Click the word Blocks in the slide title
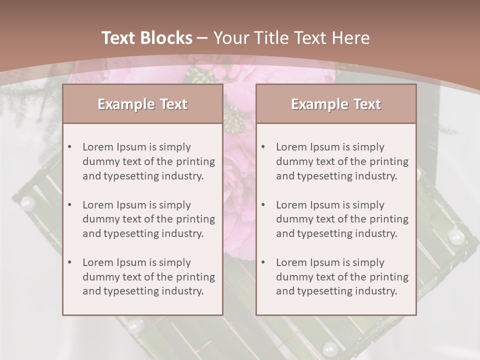point(165,38)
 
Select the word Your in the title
point(232,38)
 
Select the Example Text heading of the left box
point(142,104)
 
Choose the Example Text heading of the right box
point(336,104)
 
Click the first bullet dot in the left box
point(70,147)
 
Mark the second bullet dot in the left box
point(70,205)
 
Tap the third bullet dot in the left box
point(70,262)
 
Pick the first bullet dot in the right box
point(263,147)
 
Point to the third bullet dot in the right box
point(263,262)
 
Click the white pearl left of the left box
point(27,203)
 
